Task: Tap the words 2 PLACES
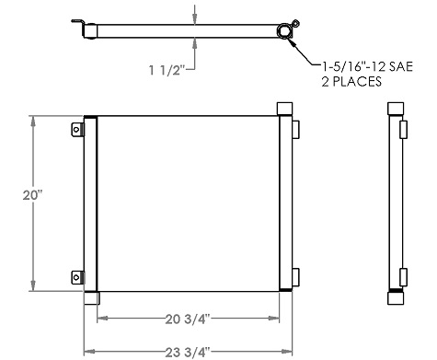click(351, 82)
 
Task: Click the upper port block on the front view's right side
click(293, 129)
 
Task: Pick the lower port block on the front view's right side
click(293, 275)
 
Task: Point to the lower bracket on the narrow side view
click(405, 275)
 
